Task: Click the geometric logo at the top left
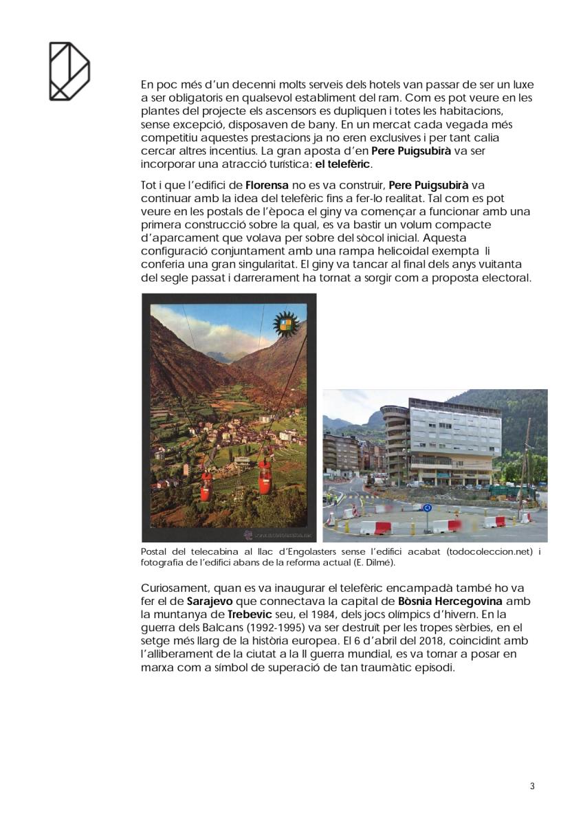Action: tap(69, 71)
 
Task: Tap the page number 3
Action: tap(532, 786)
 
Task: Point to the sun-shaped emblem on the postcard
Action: tap(286, 324)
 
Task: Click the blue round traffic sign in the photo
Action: tap(427, 507)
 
